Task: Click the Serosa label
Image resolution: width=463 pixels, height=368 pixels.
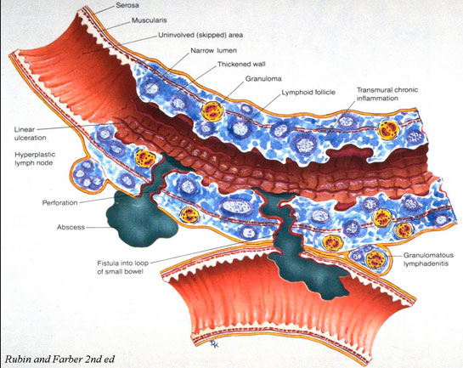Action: click(x=127, y=5)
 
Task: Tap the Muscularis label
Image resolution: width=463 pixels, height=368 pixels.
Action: click(x=150, y=20)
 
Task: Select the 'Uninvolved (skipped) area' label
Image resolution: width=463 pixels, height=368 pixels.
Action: click(x=200, y=35)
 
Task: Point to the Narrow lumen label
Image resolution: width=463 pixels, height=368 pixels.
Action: click(x=213, y=50)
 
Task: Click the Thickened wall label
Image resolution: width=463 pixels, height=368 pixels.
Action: click(x=241, y=64)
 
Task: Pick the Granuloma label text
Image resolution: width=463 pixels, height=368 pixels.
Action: click(x=263, y=78)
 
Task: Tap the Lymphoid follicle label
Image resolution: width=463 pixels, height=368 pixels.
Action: click(x=308, y=92)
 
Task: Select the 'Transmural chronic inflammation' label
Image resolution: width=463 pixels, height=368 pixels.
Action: click(x=387, y=94)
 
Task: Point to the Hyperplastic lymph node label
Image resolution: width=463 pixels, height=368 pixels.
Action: click(x=35, y=159)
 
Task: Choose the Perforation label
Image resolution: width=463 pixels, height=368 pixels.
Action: click(x=59, y=202)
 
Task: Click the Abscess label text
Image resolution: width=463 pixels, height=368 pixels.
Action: click(x=71, y=227)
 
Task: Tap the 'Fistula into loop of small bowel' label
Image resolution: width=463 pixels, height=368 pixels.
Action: click(x=123, y=267)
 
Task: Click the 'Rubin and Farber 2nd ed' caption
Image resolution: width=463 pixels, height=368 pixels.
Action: click(x=59, y=360)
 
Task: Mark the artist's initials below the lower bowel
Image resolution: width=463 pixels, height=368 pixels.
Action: click(x=214, y=343)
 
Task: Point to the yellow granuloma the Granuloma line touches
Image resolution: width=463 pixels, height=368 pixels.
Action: click(x=212, y=111)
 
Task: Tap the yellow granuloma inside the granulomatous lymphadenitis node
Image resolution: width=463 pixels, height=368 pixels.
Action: click(x=375, y=258)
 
